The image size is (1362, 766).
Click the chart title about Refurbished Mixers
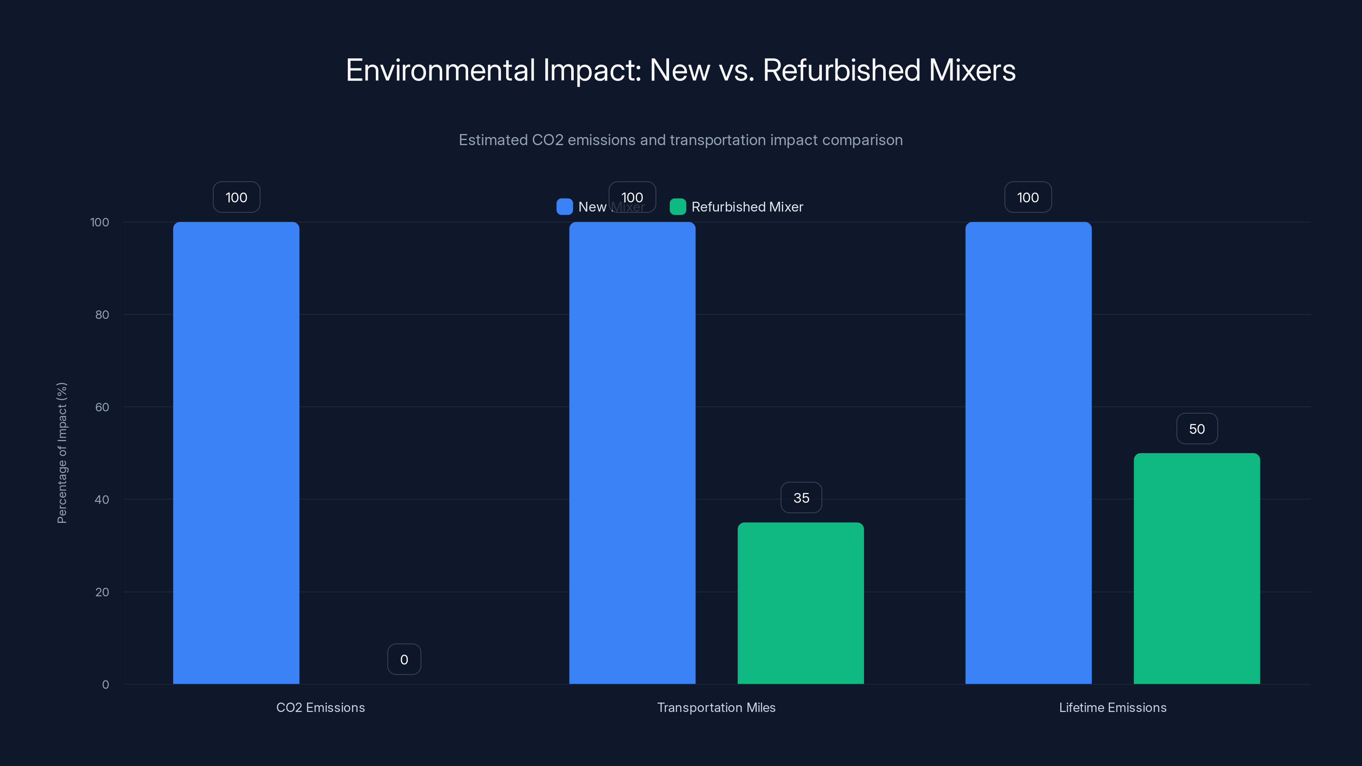[x=681, y=70]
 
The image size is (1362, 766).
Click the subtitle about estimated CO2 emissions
[x=681, y=140]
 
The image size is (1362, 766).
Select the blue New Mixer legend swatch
[x=564, y=207]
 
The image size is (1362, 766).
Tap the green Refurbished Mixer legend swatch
[x=677, y=207]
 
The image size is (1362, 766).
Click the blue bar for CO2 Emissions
[x=236, y=453]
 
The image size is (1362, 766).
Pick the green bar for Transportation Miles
[x=801, y=603]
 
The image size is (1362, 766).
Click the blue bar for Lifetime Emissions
[x=1028, y=453]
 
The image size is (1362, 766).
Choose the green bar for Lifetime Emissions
[x=1196, y=568]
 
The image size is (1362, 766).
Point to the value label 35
[x=801, y=498]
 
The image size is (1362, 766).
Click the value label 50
[x=1196, y=429]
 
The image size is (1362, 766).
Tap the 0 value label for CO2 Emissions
[x=404, y=660]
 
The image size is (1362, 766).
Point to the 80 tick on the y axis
[x=102, y=315]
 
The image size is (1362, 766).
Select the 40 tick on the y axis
[x=102, y=500]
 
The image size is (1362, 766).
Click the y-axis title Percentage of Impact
[x=62, y=453]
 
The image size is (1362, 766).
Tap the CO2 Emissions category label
[x=320, y=708]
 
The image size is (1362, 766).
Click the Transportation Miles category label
[x=716, y=708]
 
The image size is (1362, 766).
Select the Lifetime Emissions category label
[x=1113, y=708]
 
